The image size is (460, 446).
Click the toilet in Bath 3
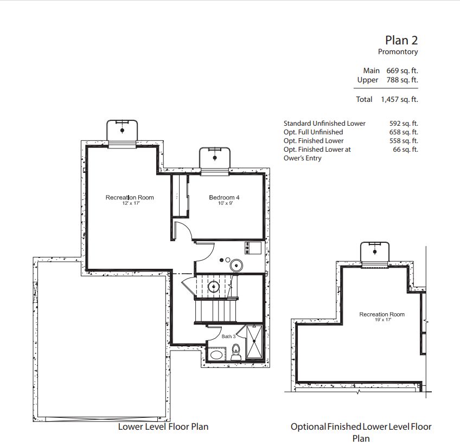coord(236,352)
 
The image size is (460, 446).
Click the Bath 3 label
coord(228,337)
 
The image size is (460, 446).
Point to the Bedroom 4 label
coord(224,197)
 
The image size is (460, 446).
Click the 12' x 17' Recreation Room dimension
coord(131,203)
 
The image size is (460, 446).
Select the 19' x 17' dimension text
coord(383,320)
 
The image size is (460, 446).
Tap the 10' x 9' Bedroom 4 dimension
coord(225,203)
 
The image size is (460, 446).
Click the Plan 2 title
coord(401,41)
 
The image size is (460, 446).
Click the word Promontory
coord(398,52)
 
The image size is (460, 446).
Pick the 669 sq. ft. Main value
coord(402,70)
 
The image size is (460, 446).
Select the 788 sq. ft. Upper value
coord(402,80)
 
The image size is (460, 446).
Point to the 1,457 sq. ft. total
coord(400,99)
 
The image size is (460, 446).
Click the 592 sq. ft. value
coord(404,124)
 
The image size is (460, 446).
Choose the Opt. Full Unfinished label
coord(314,132)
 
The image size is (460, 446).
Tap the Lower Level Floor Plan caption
coord(163,426)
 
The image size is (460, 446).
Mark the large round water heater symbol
coord(236,266)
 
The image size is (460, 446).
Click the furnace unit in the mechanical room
coord(253,248)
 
